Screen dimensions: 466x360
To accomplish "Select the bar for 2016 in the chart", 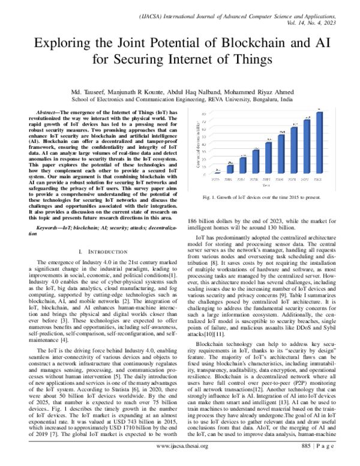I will click(x=230, y=169).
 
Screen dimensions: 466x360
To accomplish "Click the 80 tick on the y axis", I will click(x=207, y=113).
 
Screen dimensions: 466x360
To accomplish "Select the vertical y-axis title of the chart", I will click(x=199, y=145).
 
